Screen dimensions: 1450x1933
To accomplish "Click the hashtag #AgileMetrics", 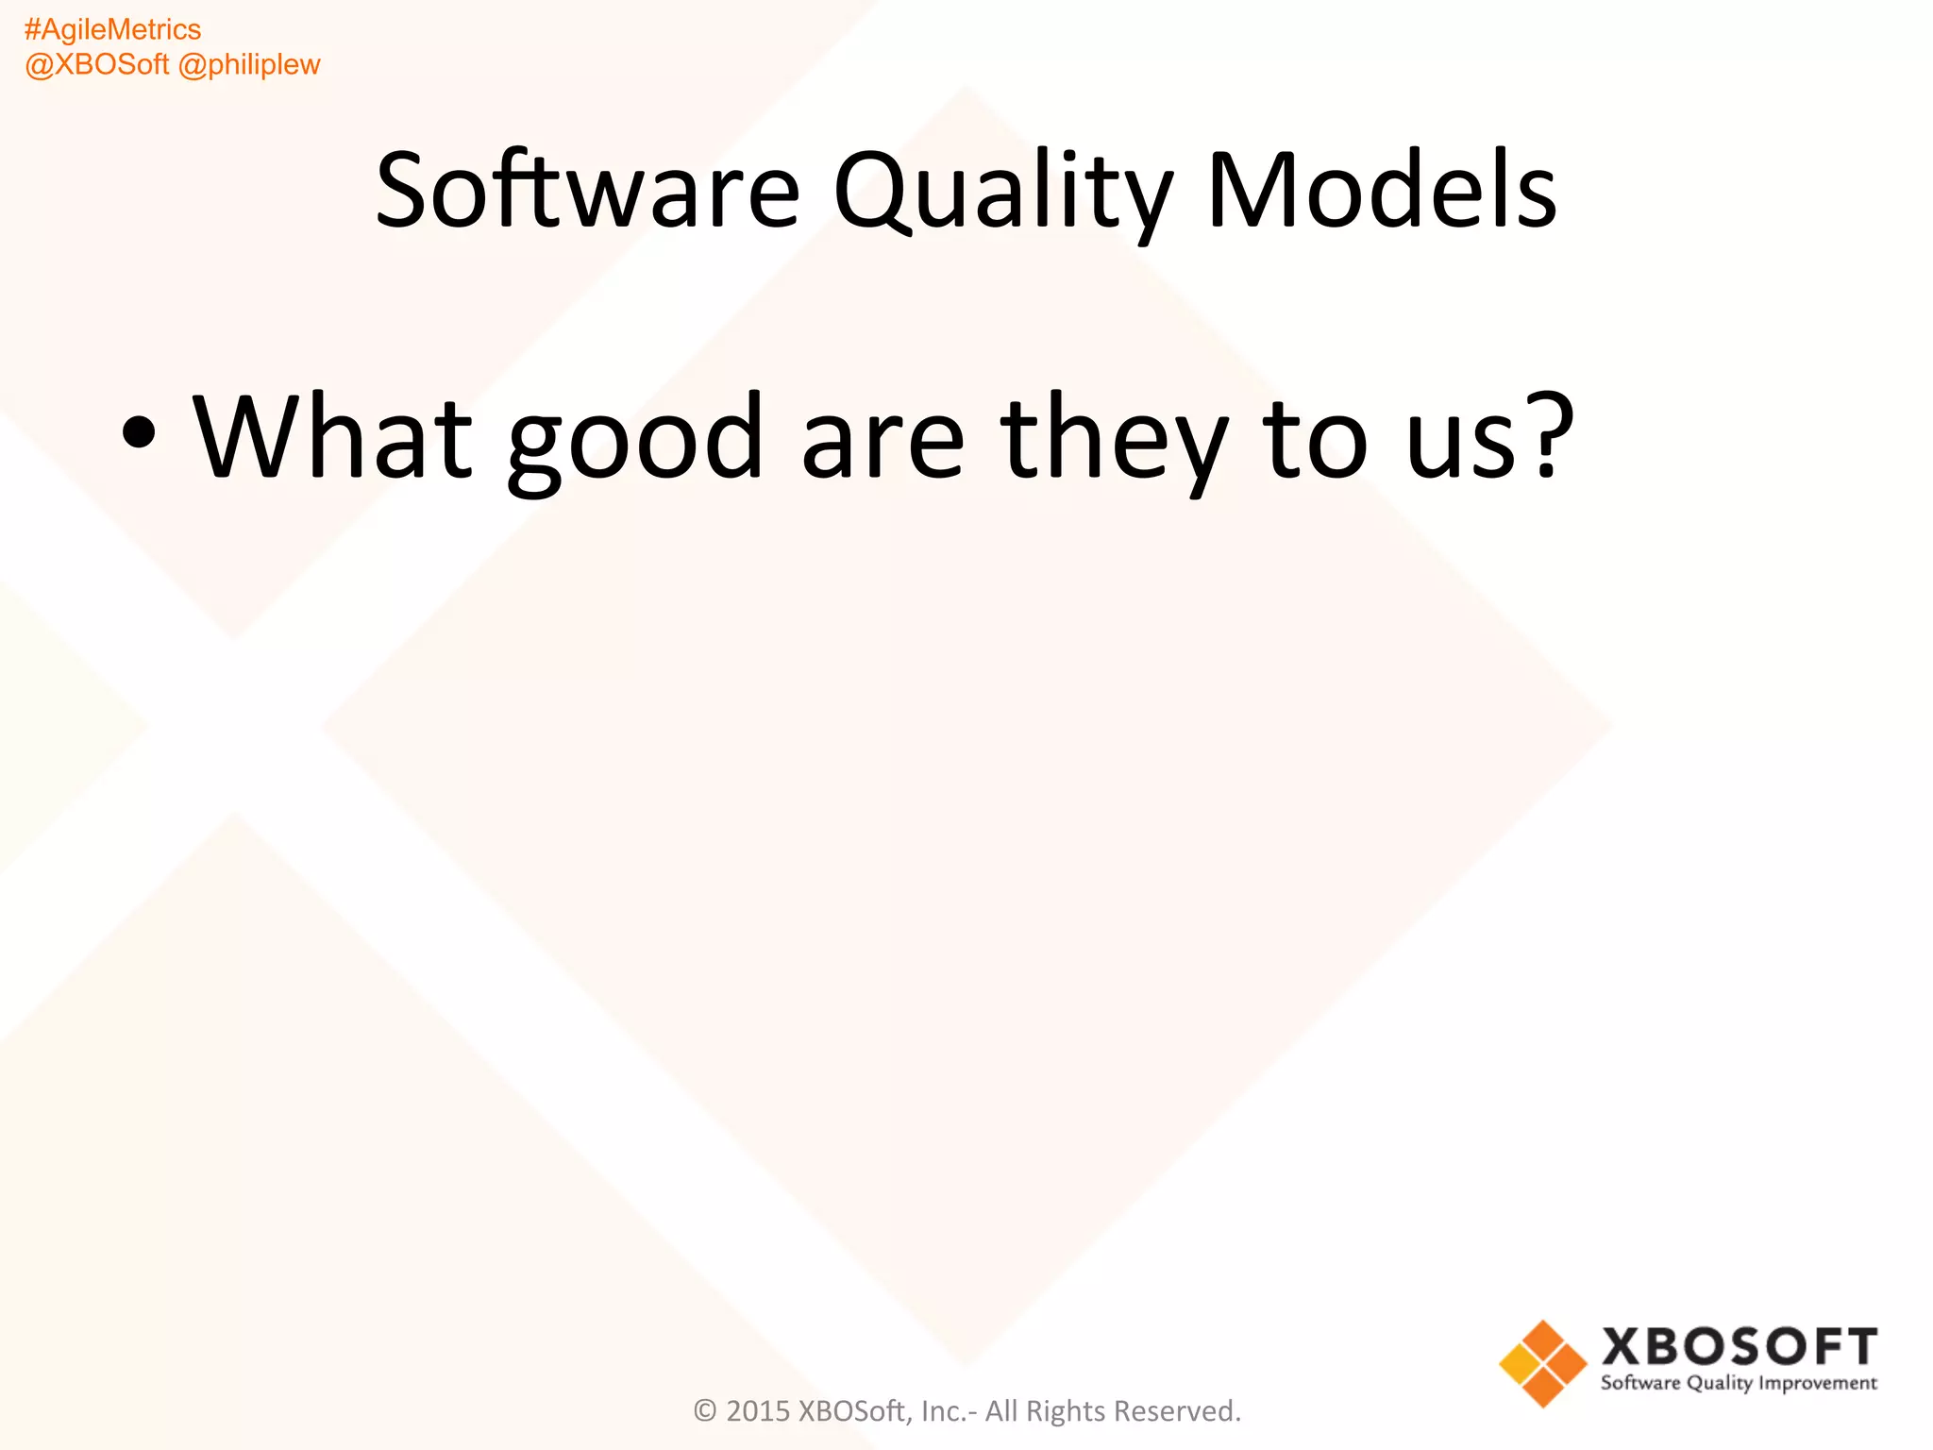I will point(112,30).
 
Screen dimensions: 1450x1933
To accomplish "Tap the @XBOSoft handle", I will point(96,65).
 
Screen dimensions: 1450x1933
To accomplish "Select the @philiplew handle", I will point(249,65).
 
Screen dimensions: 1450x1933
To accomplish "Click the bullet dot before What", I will point(139,433).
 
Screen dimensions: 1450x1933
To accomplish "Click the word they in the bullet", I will point(1115,440).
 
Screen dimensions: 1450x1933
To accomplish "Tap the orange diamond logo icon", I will point(1543,1364).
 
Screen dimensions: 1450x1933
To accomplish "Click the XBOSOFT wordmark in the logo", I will point(1740,1346).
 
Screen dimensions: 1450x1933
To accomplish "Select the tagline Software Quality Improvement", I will point(1739,1383).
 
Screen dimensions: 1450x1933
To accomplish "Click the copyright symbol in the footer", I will point(705,1411).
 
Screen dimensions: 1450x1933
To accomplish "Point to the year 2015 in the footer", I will point(758,1411).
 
